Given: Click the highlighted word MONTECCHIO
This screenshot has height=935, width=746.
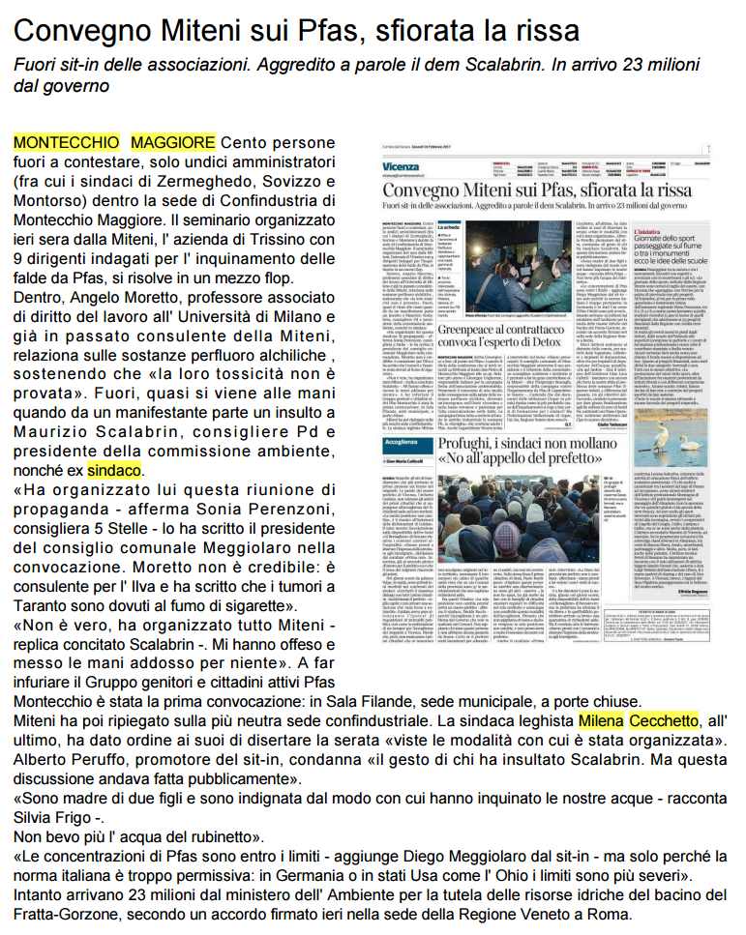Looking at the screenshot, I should (65, 142).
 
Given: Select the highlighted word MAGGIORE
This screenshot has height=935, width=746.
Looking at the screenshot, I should (173, 142).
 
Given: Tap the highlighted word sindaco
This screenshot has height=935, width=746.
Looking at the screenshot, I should (114, 471).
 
